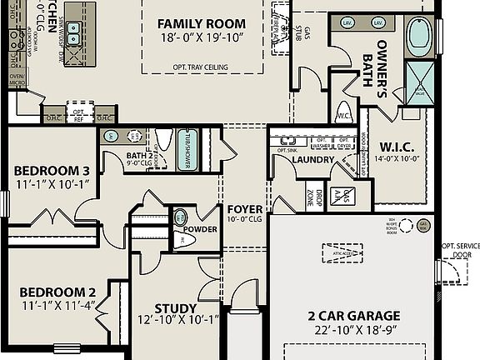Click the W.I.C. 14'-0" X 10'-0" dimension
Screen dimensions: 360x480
pos(397,157)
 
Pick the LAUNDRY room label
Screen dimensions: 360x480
pos(313,159)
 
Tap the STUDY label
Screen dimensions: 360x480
pos(176,308)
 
